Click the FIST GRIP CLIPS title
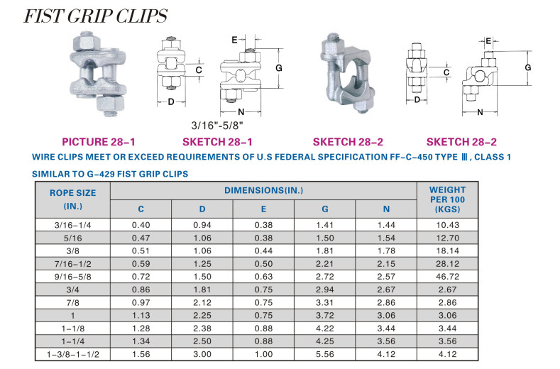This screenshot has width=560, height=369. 95,16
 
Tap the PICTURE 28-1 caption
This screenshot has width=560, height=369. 99,142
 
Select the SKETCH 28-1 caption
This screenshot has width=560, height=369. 217,142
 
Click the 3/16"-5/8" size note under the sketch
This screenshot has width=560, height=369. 217,126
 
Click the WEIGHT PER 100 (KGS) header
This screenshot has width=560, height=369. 447,199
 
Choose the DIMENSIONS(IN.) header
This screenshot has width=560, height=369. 263,190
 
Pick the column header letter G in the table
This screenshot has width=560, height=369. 324,209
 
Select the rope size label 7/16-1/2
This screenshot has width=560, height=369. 73,264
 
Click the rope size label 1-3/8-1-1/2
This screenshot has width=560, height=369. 73,354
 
